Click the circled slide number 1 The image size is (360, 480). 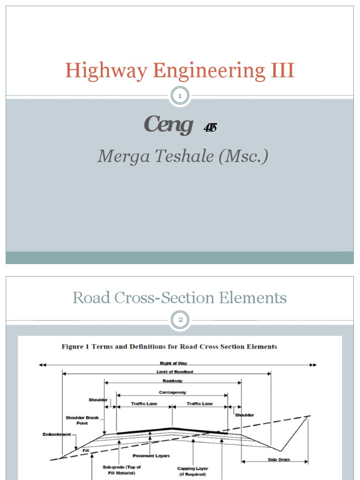pyautogui.click(x=180, y=96)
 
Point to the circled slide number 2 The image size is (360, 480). pyautogui.click(x=180, y=320)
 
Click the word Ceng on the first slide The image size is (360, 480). pyautogui.click(x=168, y=125)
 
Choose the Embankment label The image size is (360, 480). pyautogui.click(x=56, y=435)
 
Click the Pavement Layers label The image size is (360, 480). pyautogui.click(x=151, y=456)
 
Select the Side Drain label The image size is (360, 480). pyautogui.click(x=278, y=460)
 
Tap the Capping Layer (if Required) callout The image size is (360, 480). pyautogui.click(x=192, y=471)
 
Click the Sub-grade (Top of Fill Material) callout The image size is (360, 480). pyautogui.click(x=121, y=470)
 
